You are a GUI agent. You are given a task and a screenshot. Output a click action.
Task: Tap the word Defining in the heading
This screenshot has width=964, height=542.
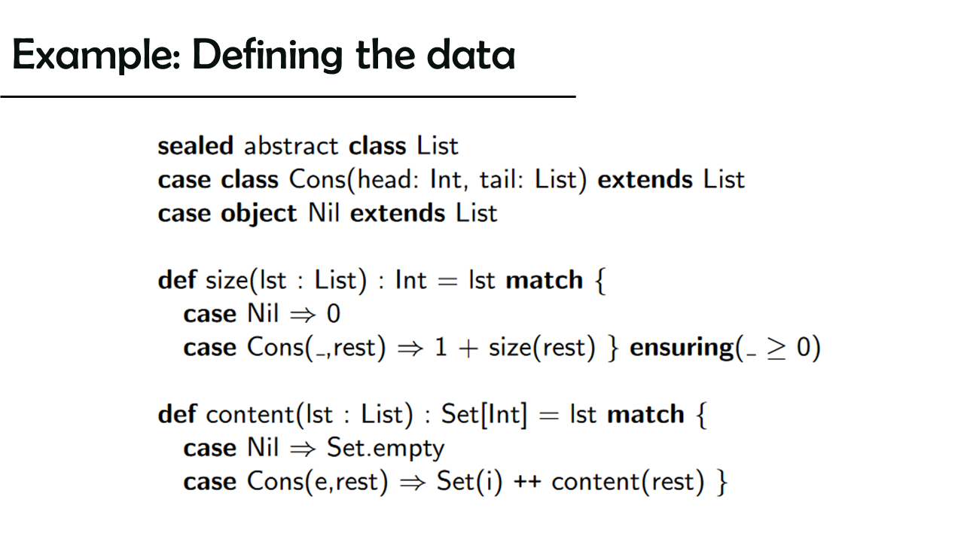coord(267,55)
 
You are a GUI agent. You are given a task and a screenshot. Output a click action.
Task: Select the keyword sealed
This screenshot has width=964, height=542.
coord(195,145)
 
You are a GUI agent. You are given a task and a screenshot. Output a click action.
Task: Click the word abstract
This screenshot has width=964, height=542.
coord(291,145)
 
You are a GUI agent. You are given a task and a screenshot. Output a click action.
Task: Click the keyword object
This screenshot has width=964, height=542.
coord(258,214)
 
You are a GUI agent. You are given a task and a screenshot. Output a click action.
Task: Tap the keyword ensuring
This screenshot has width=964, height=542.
coord(682,348)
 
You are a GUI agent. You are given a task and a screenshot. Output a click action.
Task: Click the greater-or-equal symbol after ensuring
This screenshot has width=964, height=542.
coord(776,349)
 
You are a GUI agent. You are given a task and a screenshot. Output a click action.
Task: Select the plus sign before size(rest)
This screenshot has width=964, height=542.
coord(468,349)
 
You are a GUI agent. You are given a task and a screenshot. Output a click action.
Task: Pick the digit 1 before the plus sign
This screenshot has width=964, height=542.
coord(441,347)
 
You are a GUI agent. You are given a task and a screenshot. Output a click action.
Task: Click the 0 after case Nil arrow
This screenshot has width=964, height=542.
coord(334,313)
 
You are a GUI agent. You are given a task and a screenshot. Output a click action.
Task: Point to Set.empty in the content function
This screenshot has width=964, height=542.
coord(386,448)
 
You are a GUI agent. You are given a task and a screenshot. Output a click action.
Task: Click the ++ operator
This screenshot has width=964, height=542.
coord(527,482)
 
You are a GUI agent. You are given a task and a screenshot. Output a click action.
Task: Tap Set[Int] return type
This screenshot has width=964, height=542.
coord(484,415)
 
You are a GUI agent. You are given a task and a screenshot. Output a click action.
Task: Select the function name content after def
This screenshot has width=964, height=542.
coord(249,415)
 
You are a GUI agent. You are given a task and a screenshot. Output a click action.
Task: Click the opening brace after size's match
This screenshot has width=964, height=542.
coord(600,281)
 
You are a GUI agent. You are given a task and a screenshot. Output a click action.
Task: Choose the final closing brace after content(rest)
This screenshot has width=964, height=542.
coord(722,483)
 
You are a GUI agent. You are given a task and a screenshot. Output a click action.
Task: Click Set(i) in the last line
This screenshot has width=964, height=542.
coord(469,482)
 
